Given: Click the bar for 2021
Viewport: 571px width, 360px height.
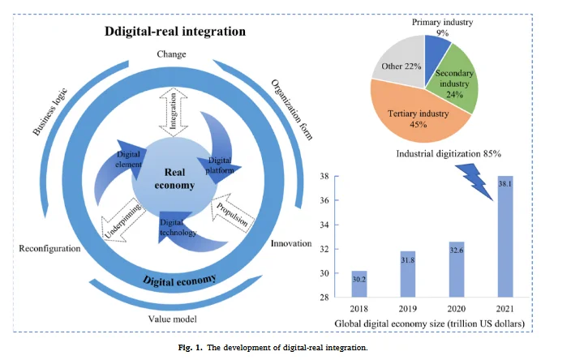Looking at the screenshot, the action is coord(505,237).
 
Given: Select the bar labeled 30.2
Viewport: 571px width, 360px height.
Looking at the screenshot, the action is coord(359,284).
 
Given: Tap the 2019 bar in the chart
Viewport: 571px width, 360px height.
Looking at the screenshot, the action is coord(408,274).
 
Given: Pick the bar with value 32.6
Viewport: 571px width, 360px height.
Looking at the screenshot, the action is coord(457,269).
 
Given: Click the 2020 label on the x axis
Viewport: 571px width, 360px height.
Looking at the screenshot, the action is coord(457,309).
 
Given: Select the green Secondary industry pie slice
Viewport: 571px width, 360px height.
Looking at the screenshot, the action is coord(453,82).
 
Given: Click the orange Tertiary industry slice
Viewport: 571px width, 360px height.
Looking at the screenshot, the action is coord(419,117).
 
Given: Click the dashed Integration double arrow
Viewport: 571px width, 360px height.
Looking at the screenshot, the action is coord(174,112).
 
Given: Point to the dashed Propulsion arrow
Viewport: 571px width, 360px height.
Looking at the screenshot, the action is coord(231,213).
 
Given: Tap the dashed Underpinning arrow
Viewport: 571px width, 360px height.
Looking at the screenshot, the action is coord(123,221).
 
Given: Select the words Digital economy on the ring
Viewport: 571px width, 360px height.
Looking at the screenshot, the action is coord(179,281).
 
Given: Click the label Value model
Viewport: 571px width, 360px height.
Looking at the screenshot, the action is coord(172,319).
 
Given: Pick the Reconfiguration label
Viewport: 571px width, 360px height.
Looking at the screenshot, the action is coord(49,249).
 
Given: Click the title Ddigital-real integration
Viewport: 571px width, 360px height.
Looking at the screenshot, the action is coord(175,32).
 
